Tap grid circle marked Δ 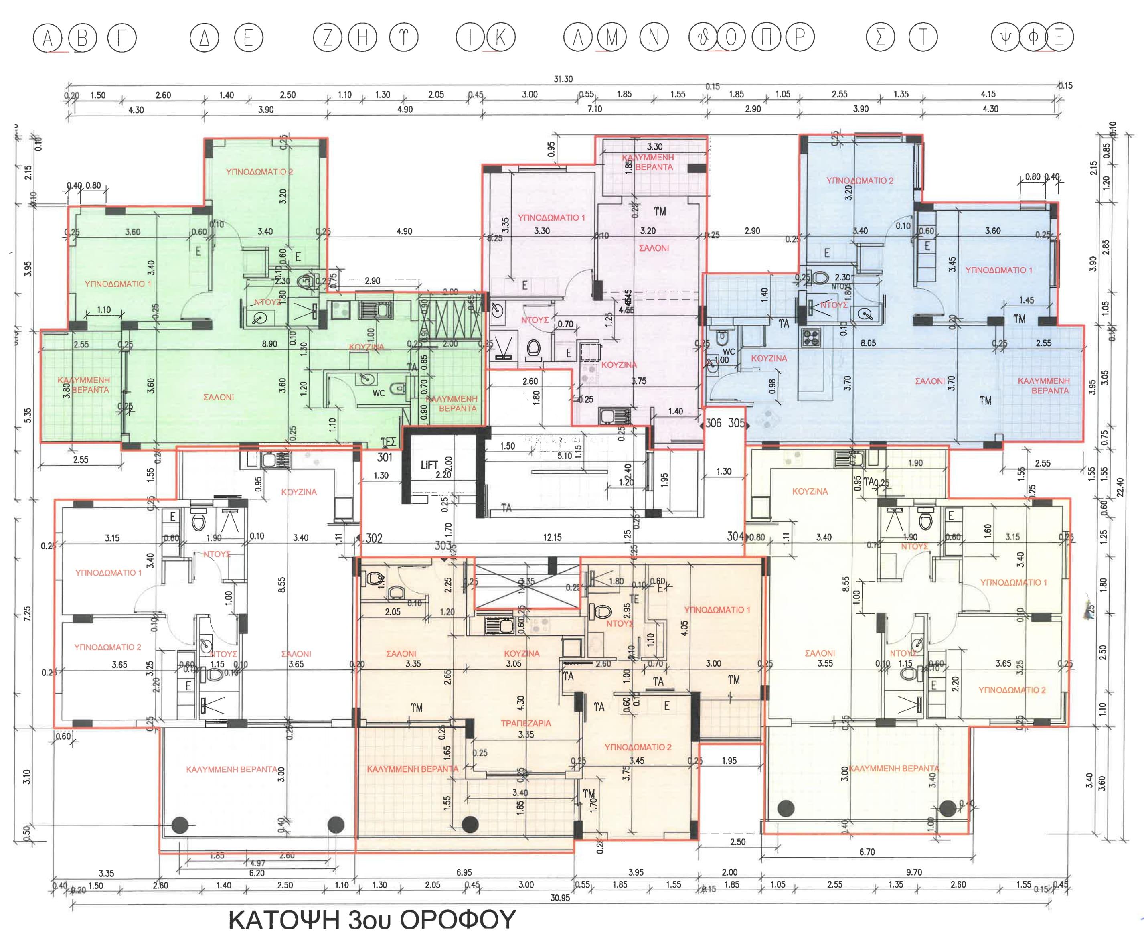pos(204,38)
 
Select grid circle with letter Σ pos(880,38)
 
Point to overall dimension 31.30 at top pos(563,79)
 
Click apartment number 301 pos(385,457)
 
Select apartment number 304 pos(735,536)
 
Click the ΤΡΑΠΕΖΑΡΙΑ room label pos(526,723)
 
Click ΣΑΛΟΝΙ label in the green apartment pos(219,397)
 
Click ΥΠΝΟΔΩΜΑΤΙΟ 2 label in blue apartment pos(859,181)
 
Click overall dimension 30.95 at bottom pos(560,898)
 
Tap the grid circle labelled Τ pos(923,38)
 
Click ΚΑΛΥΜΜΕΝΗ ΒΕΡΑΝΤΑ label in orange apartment pos(412,769)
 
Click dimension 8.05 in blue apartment pos(868,343)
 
